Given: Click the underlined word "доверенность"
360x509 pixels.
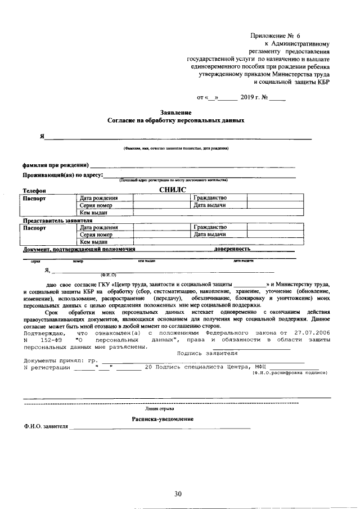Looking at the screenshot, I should pos(232,248).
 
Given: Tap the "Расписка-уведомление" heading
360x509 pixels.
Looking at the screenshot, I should pos(163,420).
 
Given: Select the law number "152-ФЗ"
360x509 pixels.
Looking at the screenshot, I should pos(53,340).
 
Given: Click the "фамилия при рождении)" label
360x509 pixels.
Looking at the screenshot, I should pos(55,165).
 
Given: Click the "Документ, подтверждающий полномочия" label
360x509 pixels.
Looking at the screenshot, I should pos(78,248).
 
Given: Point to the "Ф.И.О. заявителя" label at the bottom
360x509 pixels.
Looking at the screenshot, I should pos(46,427).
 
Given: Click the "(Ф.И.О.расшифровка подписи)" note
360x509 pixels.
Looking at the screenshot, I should pos(289,373).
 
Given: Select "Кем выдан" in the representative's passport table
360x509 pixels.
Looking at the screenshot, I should pos(93,241).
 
